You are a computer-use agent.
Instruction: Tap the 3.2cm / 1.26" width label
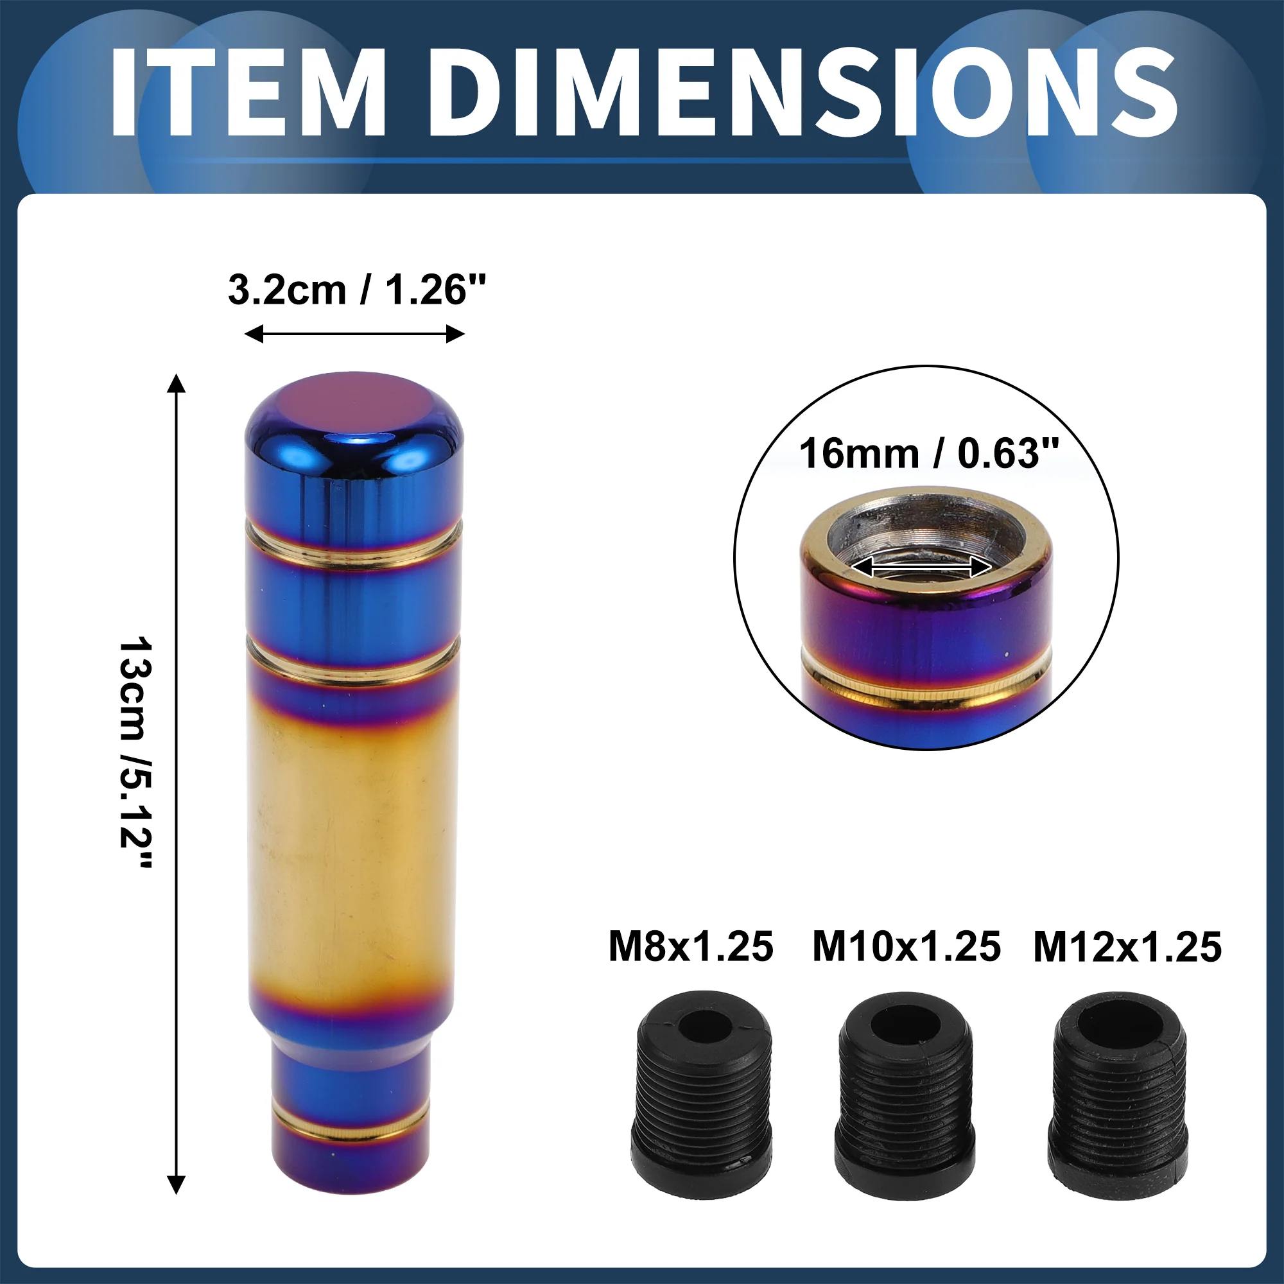357,290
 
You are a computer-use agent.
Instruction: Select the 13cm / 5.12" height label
136,752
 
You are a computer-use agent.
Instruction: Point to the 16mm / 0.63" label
928,454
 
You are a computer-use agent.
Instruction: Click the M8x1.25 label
691,947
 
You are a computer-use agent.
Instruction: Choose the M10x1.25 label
907,947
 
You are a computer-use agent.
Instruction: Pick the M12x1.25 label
1128,947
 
